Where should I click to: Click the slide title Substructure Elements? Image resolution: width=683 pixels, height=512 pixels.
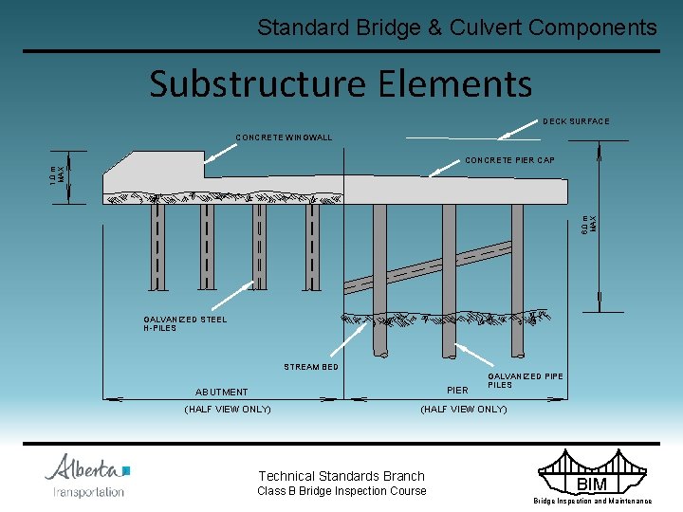(x=341, y=83)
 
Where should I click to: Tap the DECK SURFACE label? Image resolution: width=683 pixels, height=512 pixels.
(x=576, y=121)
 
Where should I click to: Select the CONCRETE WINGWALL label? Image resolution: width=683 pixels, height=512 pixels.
(x=284, y=138)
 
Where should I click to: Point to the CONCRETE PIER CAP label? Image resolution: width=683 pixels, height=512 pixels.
(x=509, y=160)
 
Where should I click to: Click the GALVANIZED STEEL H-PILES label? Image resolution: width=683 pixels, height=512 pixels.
(x=185, y=324)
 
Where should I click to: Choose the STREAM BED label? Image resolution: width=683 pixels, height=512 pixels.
(x=311, y=367)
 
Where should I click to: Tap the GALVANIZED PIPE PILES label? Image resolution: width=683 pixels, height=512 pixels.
(x=525, y=380)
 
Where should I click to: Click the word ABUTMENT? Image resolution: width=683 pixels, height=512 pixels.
(x=221, y=392)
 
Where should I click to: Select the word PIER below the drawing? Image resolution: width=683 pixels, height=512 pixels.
(x=457, y=391)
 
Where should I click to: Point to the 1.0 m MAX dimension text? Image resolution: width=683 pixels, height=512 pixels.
(x=59, y=175)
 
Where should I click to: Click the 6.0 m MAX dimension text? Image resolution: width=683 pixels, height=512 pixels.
(x=589, y=225)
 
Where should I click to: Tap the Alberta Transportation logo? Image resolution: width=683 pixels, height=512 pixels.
(x=87, y=475)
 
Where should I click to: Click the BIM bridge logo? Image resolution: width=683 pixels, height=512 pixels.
(x=591, y=473)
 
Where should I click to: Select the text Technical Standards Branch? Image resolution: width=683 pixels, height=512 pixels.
(x=341, y=476)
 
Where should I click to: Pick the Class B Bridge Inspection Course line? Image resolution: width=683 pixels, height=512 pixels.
(x=341, y=491)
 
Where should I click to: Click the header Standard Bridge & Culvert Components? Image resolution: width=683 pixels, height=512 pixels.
(x=456, y=27)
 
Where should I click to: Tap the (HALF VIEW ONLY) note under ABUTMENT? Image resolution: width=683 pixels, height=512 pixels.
(x=227, y=410)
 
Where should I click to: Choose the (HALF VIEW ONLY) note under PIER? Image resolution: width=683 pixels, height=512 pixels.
(x=463, y=410)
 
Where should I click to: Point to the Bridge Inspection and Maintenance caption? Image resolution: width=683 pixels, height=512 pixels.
(x=592, y=501)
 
